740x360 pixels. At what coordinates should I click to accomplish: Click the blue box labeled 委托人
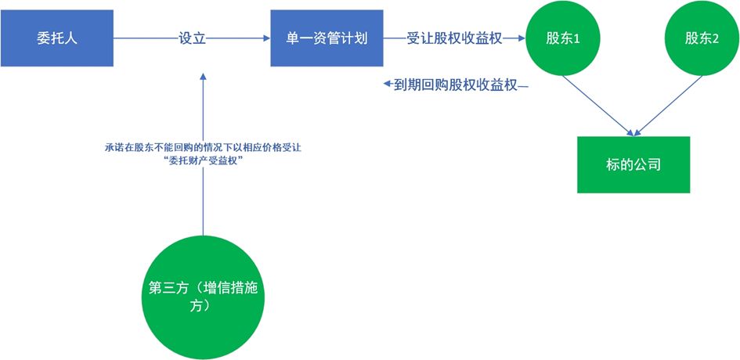56,38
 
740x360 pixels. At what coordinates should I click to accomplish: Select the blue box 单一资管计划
327,38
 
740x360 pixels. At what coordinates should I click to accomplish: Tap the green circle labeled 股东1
562,38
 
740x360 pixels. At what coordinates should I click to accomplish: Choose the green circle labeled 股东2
702,38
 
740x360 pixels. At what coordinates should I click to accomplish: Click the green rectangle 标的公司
634,165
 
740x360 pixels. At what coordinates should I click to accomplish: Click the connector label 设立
192,38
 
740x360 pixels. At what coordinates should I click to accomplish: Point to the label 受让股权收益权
454,38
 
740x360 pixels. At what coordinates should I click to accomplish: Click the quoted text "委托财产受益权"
202,160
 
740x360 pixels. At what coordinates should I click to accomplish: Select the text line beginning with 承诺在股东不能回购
202,146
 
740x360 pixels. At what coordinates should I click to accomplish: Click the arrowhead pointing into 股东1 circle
519,38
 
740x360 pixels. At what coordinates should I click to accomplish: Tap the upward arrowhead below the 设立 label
202,77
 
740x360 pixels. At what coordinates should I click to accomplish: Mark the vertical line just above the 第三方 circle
202,211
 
